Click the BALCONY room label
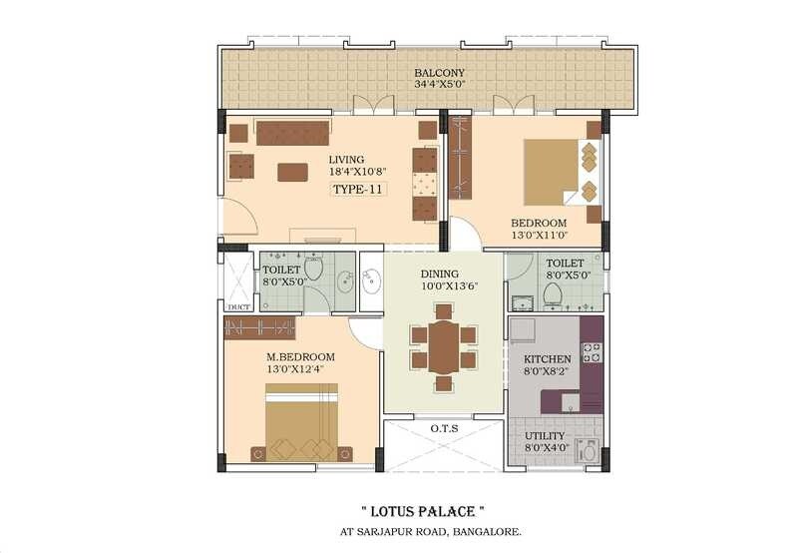(435, 73)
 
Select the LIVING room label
(346, 160)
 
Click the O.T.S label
(444, 428)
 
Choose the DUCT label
(238, 306)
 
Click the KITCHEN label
(548, 359)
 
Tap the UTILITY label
(545, 437)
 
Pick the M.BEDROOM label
(299, 357)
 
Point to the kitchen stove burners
(592, 352)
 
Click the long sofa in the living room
(292, 133)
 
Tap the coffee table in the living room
(292, 172)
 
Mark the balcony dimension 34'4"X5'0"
(435, 86)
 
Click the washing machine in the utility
(589, 452)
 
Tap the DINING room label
(439, 275)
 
